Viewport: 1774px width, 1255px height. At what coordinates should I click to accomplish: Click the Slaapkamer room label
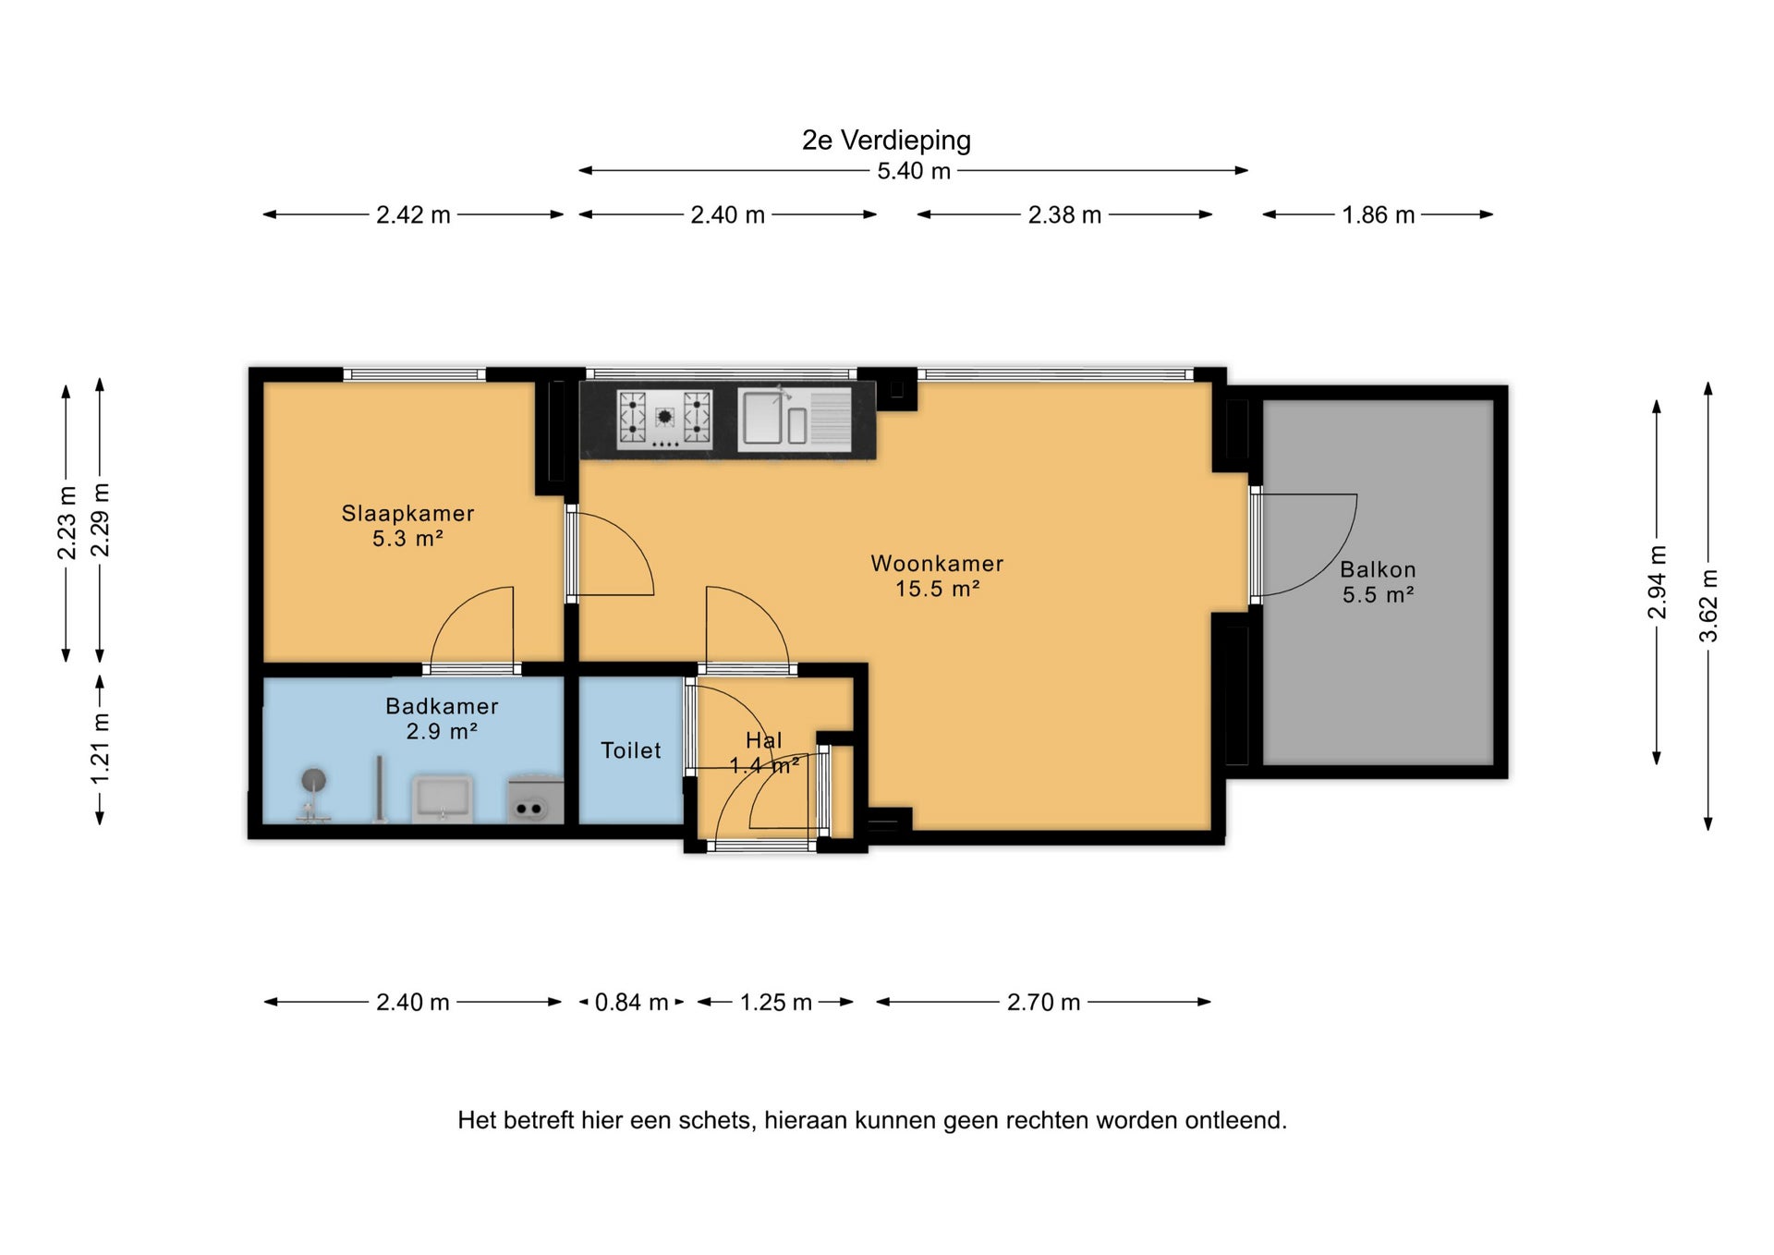(407, 513)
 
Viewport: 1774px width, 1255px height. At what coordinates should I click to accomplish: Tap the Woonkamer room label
(937, 563)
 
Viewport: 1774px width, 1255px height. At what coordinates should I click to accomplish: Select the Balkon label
(1378, 569)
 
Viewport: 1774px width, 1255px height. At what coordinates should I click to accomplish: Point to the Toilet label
(631, 750)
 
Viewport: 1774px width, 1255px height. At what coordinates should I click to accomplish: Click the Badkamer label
(442, 706)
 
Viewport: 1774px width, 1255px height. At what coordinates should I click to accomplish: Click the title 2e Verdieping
(886, 140)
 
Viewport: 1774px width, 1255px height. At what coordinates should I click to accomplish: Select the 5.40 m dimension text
(914, 171)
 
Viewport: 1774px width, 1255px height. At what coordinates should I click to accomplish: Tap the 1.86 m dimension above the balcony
(1378, 214)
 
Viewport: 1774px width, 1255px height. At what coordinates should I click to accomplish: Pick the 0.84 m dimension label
(631, 1002)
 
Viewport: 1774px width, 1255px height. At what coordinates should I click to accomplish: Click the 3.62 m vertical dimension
(1708, 605)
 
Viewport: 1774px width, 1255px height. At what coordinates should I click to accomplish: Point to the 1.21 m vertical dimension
(100, 749)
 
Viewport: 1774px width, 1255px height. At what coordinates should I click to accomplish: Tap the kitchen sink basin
(763, 417)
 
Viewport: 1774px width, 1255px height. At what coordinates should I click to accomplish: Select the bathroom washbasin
(443, 798)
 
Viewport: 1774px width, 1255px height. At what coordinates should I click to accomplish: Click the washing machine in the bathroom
(535, 798)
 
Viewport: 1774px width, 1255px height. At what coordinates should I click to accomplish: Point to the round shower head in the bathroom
(313, 780)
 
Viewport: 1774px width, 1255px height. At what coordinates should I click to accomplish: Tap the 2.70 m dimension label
(1043, 1002)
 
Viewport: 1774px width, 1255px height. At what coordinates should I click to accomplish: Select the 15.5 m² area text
(937, 588)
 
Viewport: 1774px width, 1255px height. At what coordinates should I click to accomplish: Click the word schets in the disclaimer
(716, 1120)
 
